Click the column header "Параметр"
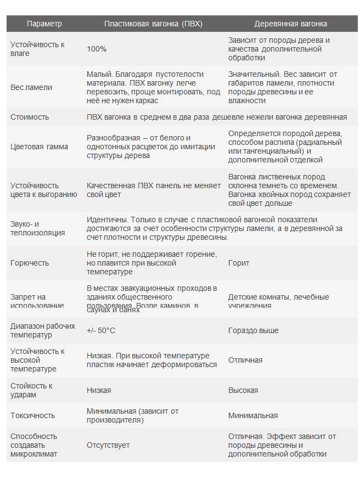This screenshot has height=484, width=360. click(44, 24)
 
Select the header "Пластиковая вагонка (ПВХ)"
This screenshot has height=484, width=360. click(153, 24)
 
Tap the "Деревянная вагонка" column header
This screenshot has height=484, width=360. click(290, 24)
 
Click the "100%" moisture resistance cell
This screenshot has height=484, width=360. click(97, 49)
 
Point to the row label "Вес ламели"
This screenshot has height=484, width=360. click(32, 87)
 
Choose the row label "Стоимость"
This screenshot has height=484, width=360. click(30, 117)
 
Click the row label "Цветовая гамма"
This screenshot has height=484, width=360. click(40, 147)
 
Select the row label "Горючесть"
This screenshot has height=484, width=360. click(30, 263)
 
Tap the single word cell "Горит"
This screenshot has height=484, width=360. click(239, 263)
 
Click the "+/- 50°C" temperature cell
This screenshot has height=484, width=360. click(101, 330)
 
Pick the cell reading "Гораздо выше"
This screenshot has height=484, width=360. click(253, 330)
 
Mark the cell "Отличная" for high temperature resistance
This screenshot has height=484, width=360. click(245, 360)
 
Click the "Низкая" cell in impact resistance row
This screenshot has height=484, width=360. click(99, 390)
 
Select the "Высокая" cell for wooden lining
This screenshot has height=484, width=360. click(243, 390)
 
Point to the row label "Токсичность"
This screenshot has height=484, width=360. click(33, 415)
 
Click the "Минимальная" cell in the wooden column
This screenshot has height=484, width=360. click(253, 415)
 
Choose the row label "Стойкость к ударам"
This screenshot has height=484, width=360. click(32, 390)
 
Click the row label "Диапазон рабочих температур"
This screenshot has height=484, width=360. click(43, 330)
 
